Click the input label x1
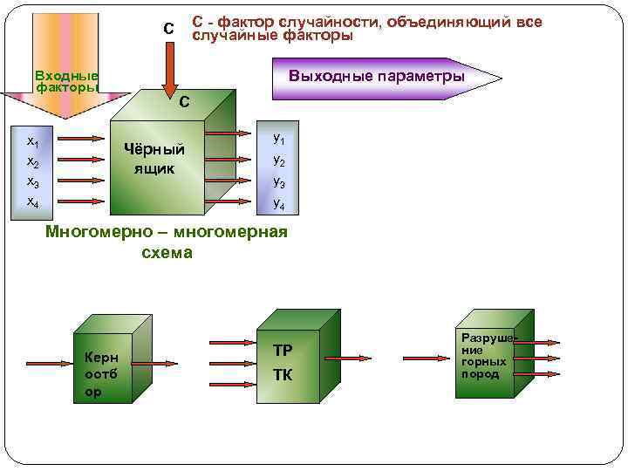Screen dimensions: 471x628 (x=32, y=140)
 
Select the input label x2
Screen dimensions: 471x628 (x=32, y=161)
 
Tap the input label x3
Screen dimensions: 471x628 (x=32, y=181)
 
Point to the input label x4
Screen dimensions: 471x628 (x=32, y=201)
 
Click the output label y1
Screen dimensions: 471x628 (x=278, y=138)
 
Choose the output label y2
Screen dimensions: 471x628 (x=278, y=160)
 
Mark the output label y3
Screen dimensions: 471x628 (x=278, y=181)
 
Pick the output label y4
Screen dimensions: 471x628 (x=278, y=203)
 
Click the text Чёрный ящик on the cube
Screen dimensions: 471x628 (x=154, y=158)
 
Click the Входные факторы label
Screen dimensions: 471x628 (x=66, y=81)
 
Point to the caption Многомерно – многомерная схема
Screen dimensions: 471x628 (x=166, y=242)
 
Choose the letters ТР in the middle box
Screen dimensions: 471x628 (x=283, y=351)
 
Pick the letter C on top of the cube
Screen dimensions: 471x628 (x=183, y=102)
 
